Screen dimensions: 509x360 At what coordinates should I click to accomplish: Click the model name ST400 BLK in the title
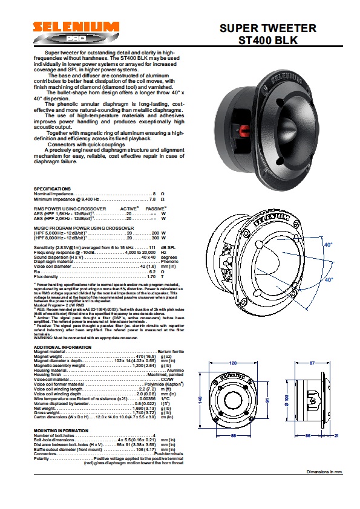point(267,40)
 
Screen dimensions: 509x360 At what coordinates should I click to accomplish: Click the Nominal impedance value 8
point(154,193)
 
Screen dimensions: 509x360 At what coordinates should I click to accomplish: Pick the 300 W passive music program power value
point(155,238)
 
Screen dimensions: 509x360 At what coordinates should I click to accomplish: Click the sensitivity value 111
point(153,248)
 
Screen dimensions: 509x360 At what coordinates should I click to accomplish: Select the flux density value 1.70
point(152,276)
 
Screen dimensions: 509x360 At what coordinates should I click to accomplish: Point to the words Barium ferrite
point(152,352)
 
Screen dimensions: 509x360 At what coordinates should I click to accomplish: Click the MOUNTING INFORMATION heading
point(61,430)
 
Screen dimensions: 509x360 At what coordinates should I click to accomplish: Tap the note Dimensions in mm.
point(324,471)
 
